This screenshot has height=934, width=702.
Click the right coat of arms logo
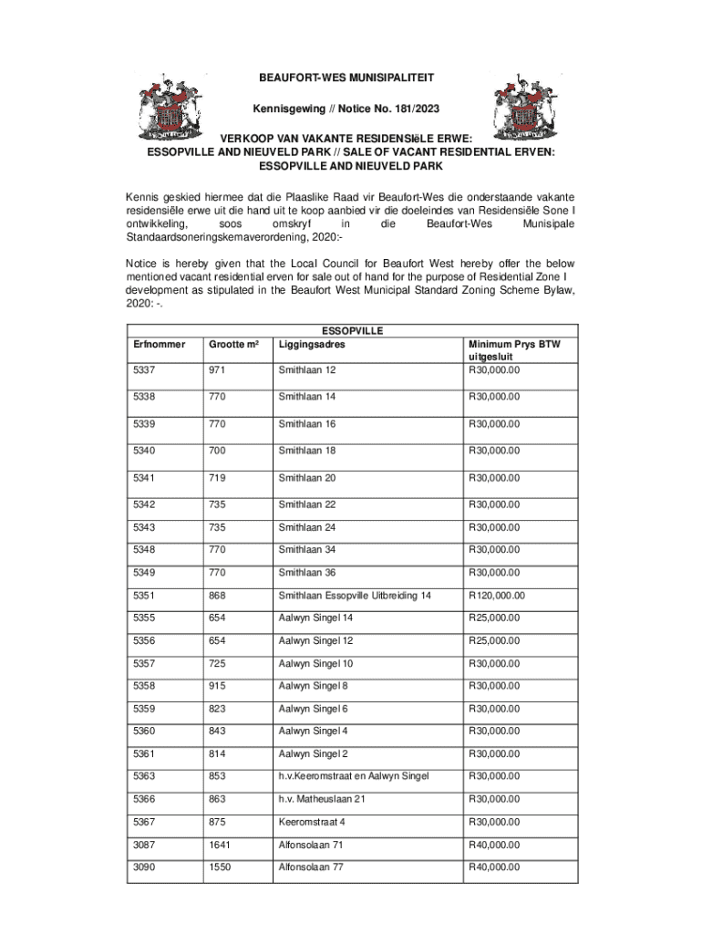[526, 109]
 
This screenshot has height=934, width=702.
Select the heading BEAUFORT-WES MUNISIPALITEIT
[351, 79]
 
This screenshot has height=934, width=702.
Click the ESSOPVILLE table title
[351, 330]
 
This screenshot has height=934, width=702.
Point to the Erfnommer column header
[159, 344]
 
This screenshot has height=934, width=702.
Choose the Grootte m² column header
[232, 344]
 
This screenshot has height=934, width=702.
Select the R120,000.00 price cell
[497, 596]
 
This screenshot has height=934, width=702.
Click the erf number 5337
[144, 370]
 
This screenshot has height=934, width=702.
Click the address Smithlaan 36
[306, 573]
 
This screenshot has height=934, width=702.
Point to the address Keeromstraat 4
[312, 822]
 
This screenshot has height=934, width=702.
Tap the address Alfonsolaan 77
[311, 867]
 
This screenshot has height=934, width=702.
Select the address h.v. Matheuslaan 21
[322, 799]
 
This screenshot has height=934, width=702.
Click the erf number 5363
[144, 776]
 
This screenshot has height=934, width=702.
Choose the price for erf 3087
[494, 845]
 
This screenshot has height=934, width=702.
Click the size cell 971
[218, 370]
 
